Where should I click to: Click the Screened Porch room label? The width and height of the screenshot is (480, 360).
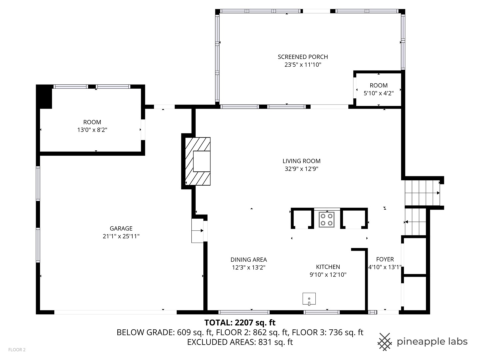point(303,57)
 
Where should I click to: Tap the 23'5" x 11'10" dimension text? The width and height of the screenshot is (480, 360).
point(303,65)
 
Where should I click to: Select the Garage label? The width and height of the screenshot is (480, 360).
point(121,228)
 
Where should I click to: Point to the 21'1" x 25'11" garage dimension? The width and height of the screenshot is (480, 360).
point(121,236)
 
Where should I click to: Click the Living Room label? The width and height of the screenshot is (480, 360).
point(301,161)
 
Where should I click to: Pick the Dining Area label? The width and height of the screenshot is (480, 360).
point(249,260)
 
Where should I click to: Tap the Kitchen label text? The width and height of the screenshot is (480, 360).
point(328,267)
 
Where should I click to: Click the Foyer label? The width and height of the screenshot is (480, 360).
point(385,259)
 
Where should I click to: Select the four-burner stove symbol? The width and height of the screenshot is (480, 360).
point(327,219)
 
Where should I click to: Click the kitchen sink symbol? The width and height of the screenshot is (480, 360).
point(309,299)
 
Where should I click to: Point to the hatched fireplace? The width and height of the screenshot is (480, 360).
point(198,161)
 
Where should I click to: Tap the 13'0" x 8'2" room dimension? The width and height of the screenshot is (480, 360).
point(92,130)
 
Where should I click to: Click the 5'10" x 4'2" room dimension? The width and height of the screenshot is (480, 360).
point(379,93)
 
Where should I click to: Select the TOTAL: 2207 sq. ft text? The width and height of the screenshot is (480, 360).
point(240,323)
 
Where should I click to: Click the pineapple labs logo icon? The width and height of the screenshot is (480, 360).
point(385,342)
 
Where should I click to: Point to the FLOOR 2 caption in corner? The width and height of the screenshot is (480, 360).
point(17,350)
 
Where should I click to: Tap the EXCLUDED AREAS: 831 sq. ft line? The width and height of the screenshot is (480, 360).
point(240,342)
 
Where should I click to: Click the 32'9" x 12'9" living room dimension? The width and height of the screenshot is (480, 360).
point(301,169)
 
